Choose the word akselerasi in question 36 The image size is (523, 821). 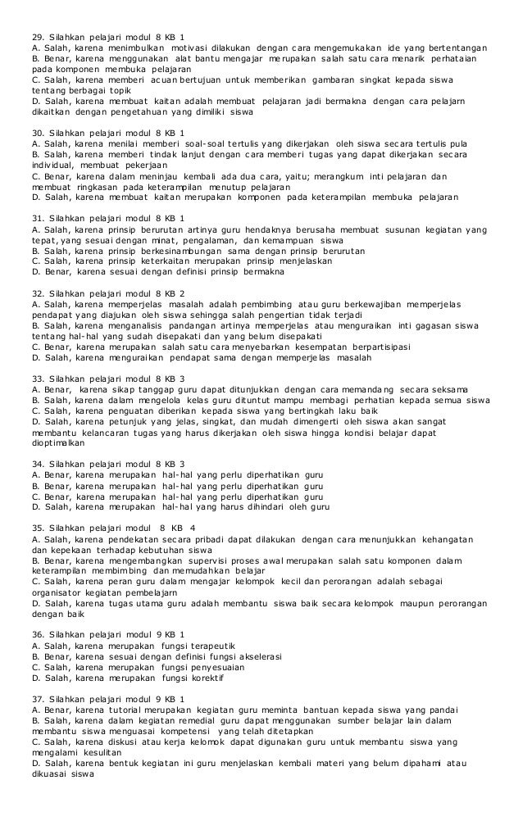pyautogui.click(x=240, y=656)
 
